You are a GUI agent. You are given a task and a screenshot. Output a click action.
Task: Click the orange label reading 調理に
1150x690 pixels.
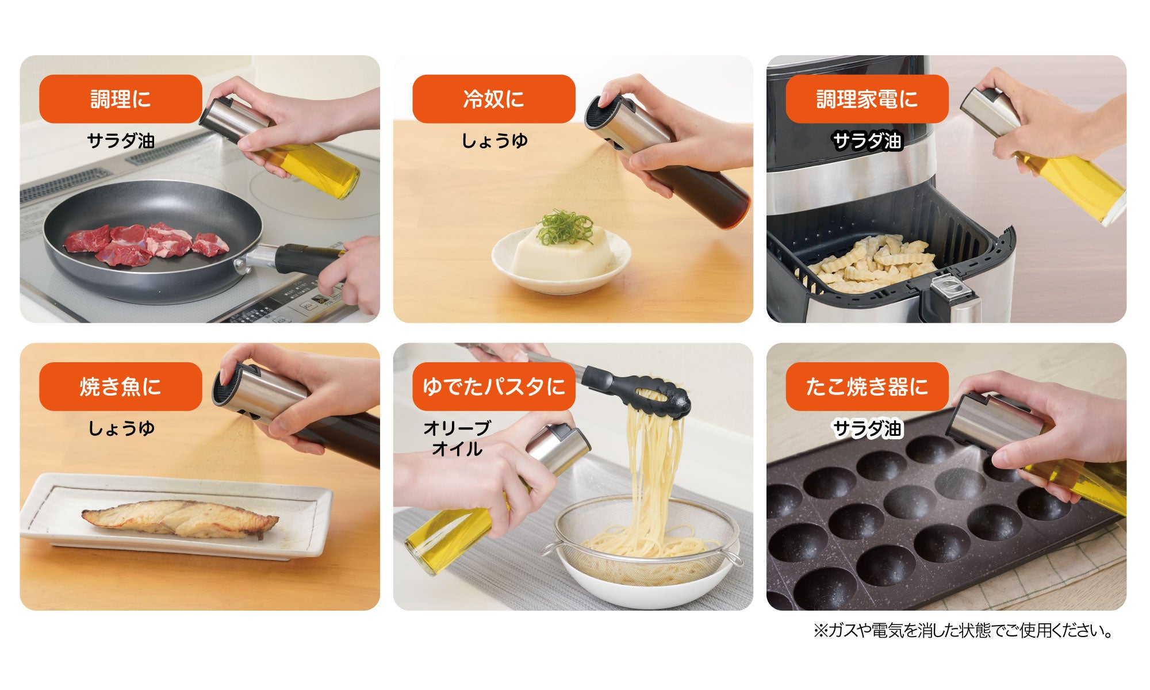pos(121,99)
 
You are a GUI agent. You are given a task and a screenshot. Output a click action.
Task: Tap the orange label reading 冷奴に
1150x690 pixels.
pos(494,99)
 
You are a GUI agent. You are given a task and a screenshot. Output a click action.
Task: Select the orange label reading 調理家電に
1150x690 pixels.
pos(867,99)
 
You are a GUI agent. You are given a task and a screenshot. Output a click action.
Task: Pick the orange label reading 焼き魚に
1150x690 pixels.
pos(121,386)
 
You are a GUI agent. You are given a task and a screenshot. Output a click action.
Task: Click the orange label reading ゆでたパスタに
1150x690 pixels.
pos(494,386)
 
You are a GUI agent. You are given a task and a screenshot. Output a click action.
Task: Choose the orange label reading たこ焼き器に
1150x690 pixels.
pos(867,386)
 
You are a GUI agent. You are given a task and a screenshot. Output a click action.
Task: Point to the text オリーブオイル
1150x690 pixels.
pos(457,438)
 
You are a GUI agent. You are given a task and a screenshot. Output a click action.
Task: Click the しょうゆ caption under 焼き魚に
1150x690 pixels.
pos(121,428)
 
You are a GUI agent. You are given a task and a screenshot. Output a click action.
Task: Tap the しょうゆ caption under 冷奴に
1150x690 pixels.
pos(494,141)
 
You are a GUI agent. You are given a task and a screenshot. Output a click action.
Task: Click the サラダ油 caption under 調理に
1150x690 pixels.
pos(121,141)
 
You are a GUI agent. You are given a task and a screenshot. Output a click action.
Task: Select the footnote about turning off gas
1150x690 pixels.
pos(963,631)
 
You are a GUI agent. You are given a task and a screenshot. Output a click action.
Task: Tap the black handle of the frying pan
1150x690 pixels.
pos(305,260)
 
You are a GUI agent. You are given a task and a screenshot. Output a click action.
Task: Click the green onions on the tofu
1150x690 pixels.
pos(565,227)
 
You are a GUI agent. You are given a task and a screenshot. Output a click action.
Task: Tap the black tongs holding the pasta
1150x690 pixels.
pos(638,389)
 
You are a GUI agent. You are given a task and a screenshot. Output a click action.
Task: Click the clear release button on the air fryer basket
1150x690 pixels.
pos(948,286)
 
